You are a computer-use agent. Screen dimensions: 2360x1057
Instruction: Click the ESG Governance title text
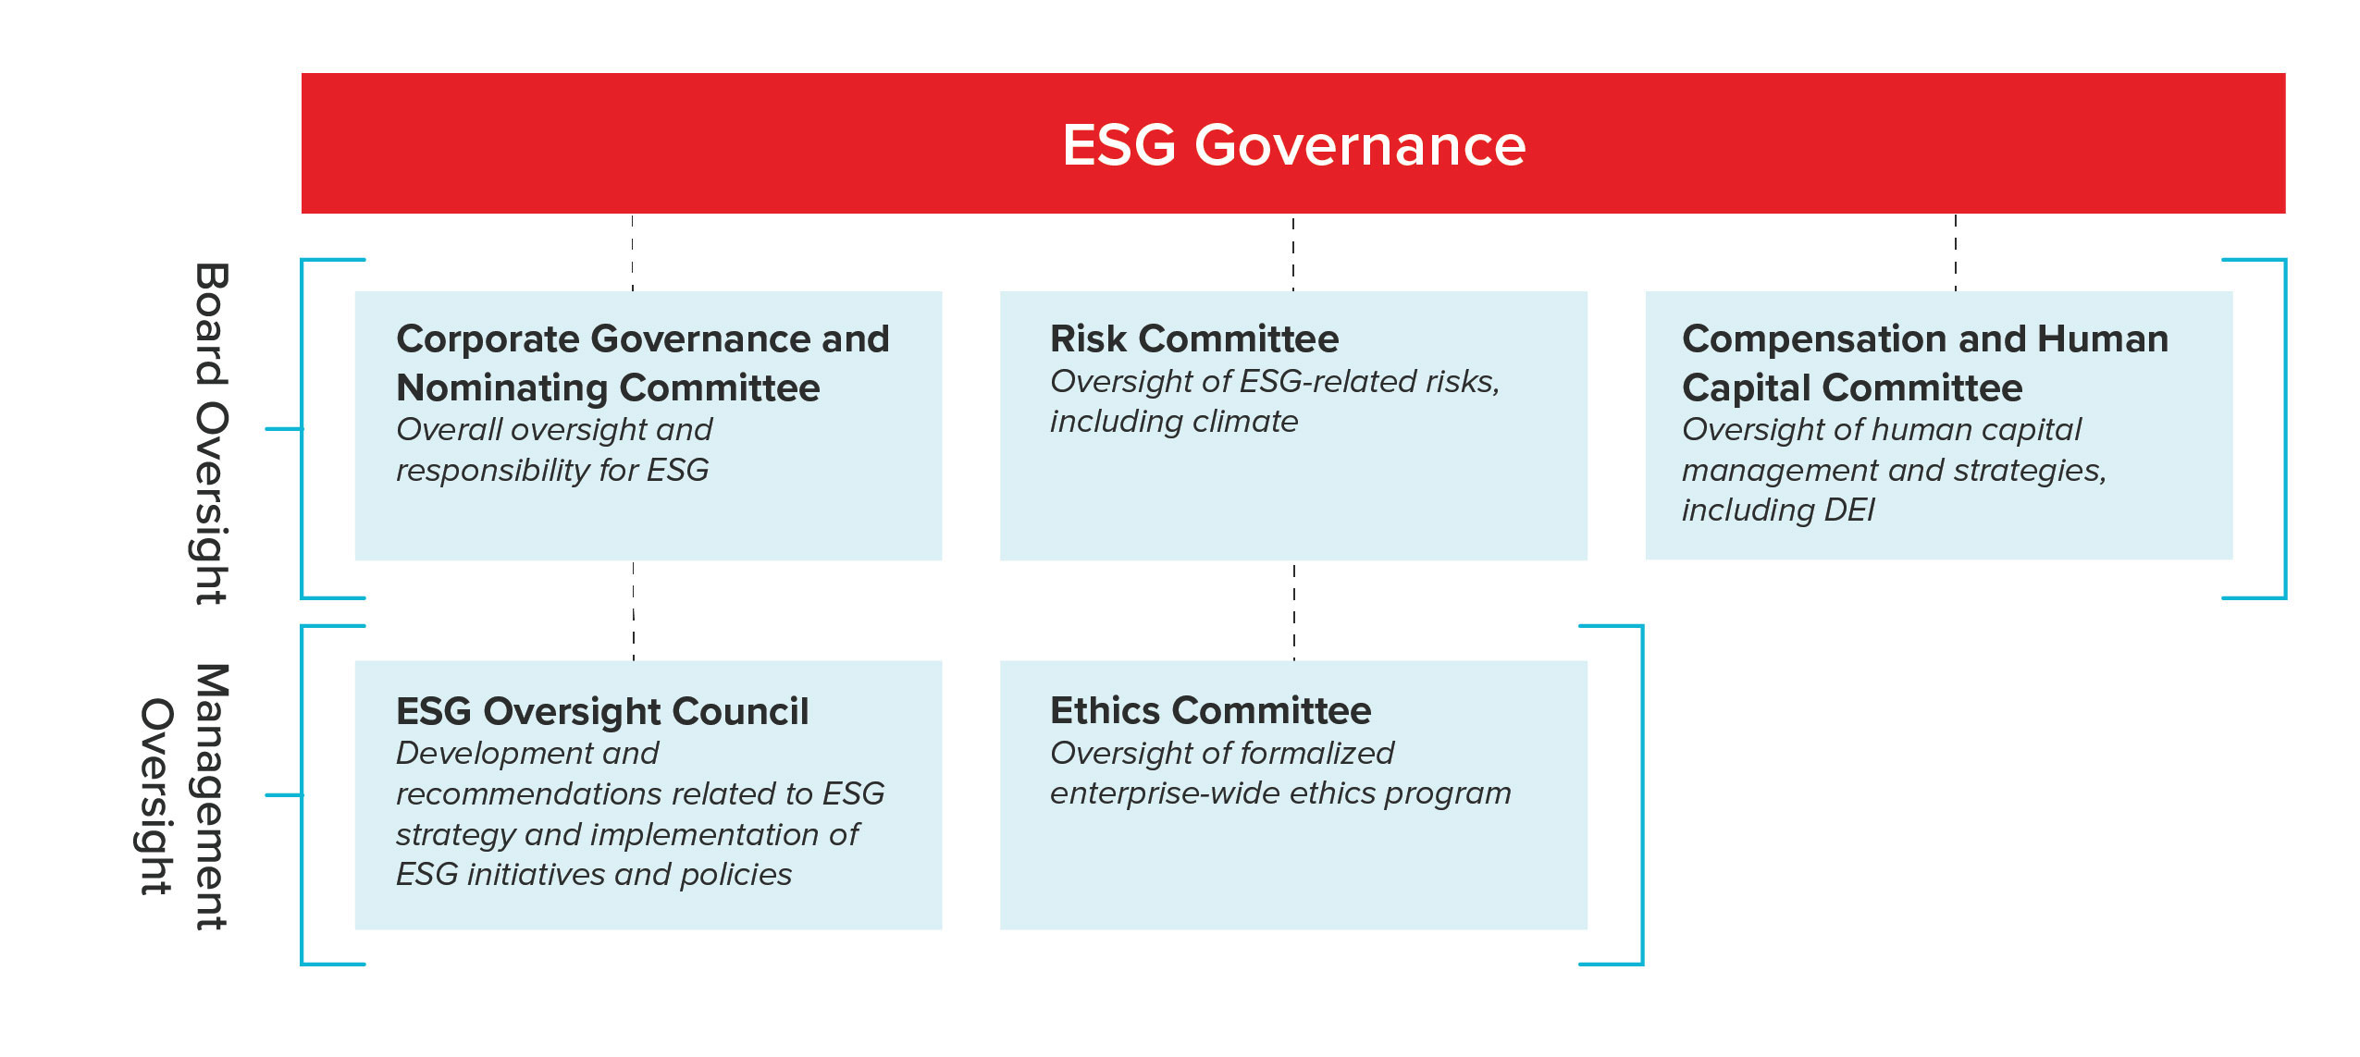point(1293,145)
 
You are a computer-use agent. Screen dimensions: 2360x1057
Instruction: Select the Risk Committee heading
point(1194,338)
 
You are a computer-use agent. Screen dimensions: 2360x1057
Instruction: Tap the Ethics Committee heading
point(1210,710)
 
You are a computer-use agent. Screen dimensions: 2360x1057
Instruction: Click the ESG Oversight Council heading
point(602,711)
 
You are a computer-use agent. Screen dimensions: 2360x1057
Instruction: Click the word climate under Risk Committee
point(1245,422)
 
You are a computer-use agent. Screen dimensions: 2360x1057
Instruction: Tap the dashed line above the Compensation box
point(1956,252)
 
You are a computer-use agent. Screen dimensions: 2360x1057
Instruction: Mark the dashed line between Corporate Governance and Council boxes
point(634,610)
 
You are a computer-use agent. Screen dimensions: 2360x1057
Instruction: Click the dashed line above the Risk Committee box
point(1293,252)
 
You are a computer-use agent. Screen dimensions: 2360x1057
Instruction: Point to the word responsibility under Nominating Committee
point(493,471)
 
